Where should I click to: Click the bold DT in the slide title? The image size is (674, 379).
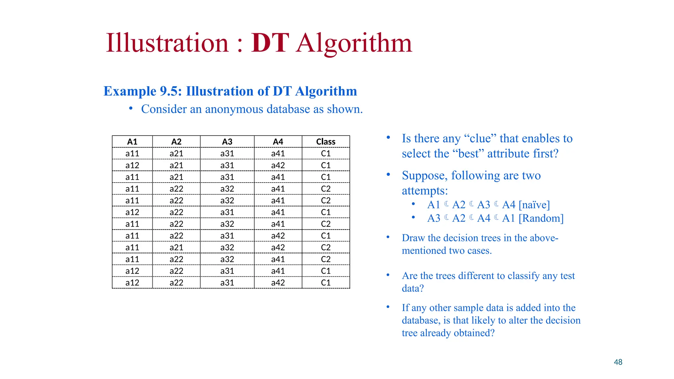pyautogui.click(x=270, y=43)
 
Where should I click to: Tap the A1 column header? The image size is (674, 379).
pyautogui.click(x=132, y=142)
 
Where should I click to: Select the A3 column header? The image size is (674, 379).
pyautogui.click(x=227, y=142)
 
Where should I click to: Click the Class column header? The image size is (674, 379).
pyautogui.click(x=325, y=142)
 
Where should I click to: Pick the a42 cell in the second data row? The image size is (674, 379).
pyautogui.click(x=278, y=165)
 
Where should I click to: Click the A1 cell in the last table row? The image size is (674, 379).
pyautogui.click(x=132, y=283)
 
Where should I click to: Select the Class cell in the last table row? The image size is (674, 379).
pyautogui.click(x=325, y=283)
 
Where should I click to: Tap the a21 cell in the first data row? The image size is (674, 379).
pyautogui.click(x=176, y=154)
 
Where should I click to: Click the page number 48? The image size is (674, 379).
pyautogui.click(x=618, y=362)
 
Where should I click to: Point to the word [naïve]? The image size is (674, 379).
pyautogui.click(x=534, y=205)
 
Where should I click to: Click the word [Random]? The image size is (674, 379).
pyautogui.click(x=541, y=218)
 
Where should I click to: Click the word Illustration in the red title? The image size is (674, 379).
pyautogui.click(x=167, y=43)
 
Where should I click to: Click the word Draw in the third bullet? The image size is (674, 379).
pyautogui.click(x=413, y=238)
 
